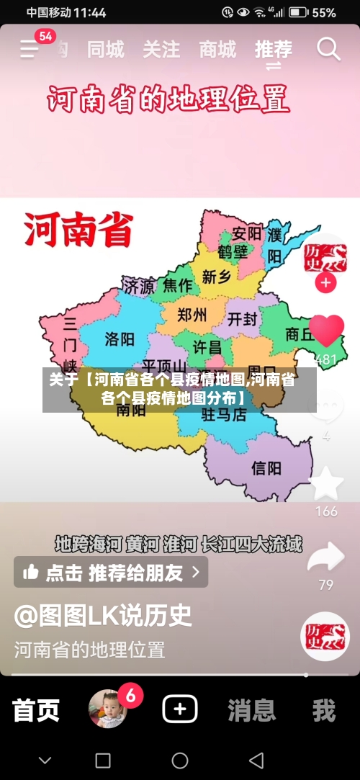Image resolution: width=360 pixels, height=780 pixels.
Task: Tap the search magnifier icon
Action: (328, 50)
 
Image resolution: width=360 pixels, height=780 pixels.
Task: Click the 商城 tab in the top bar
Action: (217, 50)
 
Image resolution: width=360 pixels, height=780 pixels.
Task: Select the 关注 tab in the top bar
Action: (161, 50)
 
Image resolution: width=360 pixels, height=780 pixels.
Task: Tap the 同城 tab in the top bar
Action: (105, 50)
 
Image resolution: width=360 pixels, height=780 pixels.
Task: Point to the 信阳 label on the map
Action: (266, 469)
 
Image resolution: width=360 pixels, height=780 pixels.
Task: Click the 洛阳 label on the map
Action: (120, 339)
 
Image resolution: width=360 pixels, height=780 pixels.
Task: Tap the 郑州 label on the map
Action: (192, 315)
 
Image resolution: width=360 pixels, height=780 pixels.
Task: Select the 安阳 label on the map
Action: (247, 234)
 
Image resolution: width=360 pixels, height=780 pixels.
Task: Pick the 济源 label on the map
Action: (138, 286)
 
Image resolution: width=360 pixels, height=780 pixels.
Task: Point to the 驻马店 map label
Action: (223, 414)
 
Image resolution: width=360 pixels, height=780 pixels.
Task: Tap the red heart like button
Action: (326, 332)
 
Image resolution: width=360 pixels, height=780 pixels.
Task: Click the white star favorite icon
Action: (326, 484)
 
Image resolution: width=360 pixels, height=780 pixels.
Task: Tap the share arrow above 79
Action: (325, 557)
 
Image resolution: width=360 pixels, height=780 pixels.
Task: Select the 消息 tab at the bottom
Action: (251, 710)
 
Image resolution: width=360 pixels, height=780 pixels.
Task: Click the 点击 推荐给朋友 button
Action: (111, 573)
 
